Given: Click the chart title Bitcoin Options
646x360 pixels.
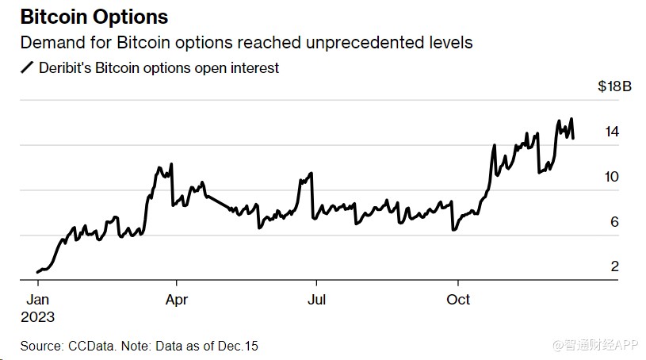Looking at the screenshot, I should [x=94, y=17].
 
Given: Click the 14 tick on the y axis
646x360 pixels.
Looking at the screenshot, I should [x=611, y=132].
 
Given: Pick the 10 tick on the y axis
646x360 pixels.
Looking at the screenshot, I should [x=611, y=177].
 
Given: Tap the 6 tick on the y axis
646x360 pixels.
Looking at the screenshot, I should [x=614, y=222].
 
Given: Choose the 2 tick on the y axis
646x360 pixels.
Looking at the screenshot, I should [x=614, y=266].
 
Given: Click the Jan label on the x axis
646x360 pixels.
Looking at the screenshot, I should [x=37, y=300].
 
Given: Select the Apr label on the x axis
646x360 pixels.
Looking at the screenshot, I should [x=176, y=300].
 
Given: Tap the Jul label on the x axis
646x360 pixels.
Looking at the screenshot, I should [x=316, y=300].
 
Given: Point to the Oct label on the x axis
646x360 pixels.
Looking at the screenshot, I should [x=458, y=300].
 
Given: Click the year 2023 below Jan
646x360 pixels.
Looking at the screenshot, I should [x=38, y=316].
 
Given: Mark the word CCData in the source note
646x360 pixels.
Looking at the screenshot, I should [x=92, y=347].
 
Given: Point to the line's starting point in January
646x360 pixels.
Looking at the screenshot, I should [x=37, y=272].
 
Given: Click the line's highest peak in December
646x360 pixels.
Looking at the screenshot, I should [x=572, y=119].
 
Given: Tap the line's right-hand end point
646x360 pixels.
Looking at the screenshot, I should [x=574, y=137].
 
